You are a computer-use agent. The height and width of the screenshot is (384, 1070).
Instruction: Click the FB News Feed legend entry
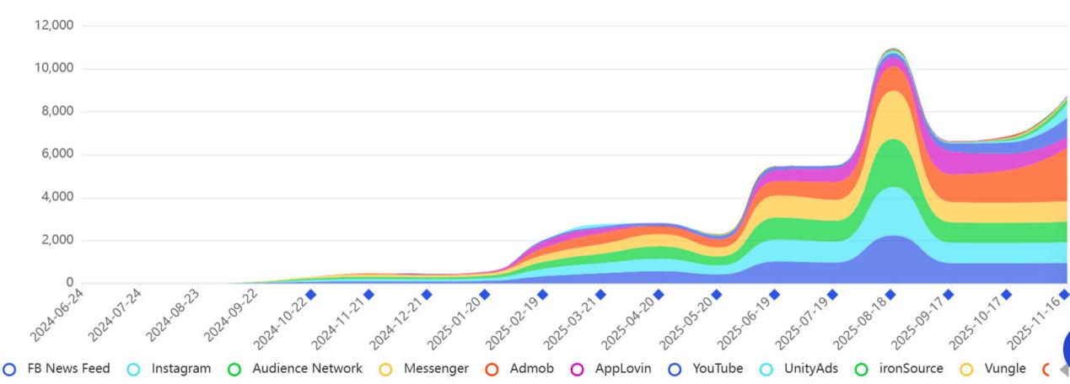point(57,369)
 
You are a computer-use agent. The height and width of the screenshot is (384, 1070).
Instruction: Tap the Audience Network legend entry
point(296,369)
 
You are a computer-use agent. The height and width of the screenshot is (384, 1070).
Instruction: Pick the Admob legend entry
point(521,369)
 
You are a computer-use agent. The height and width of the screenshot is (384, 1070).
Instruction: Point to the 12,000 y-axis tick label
point(53,25)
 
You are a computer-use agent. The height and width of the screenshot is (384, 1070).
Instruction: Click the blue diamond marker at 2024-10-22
point(310,295)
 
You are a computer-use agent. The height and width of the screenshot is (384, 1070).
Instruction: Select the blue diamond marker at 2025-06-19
point(774,295)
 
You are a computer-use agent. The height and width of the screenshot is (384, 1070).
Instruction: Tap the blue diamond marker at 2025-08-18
point(890,295)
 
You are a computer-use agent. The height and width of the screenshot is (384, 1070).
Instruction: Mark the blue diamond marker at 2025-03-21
point(600,295)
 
